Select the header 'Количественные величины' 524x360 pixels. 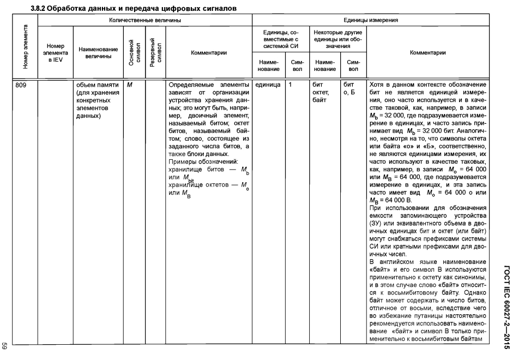[144, 20]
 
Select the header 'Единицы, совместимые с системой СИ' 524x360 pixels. [280, 40]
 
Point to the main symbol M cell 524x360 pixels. [129, 86]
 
